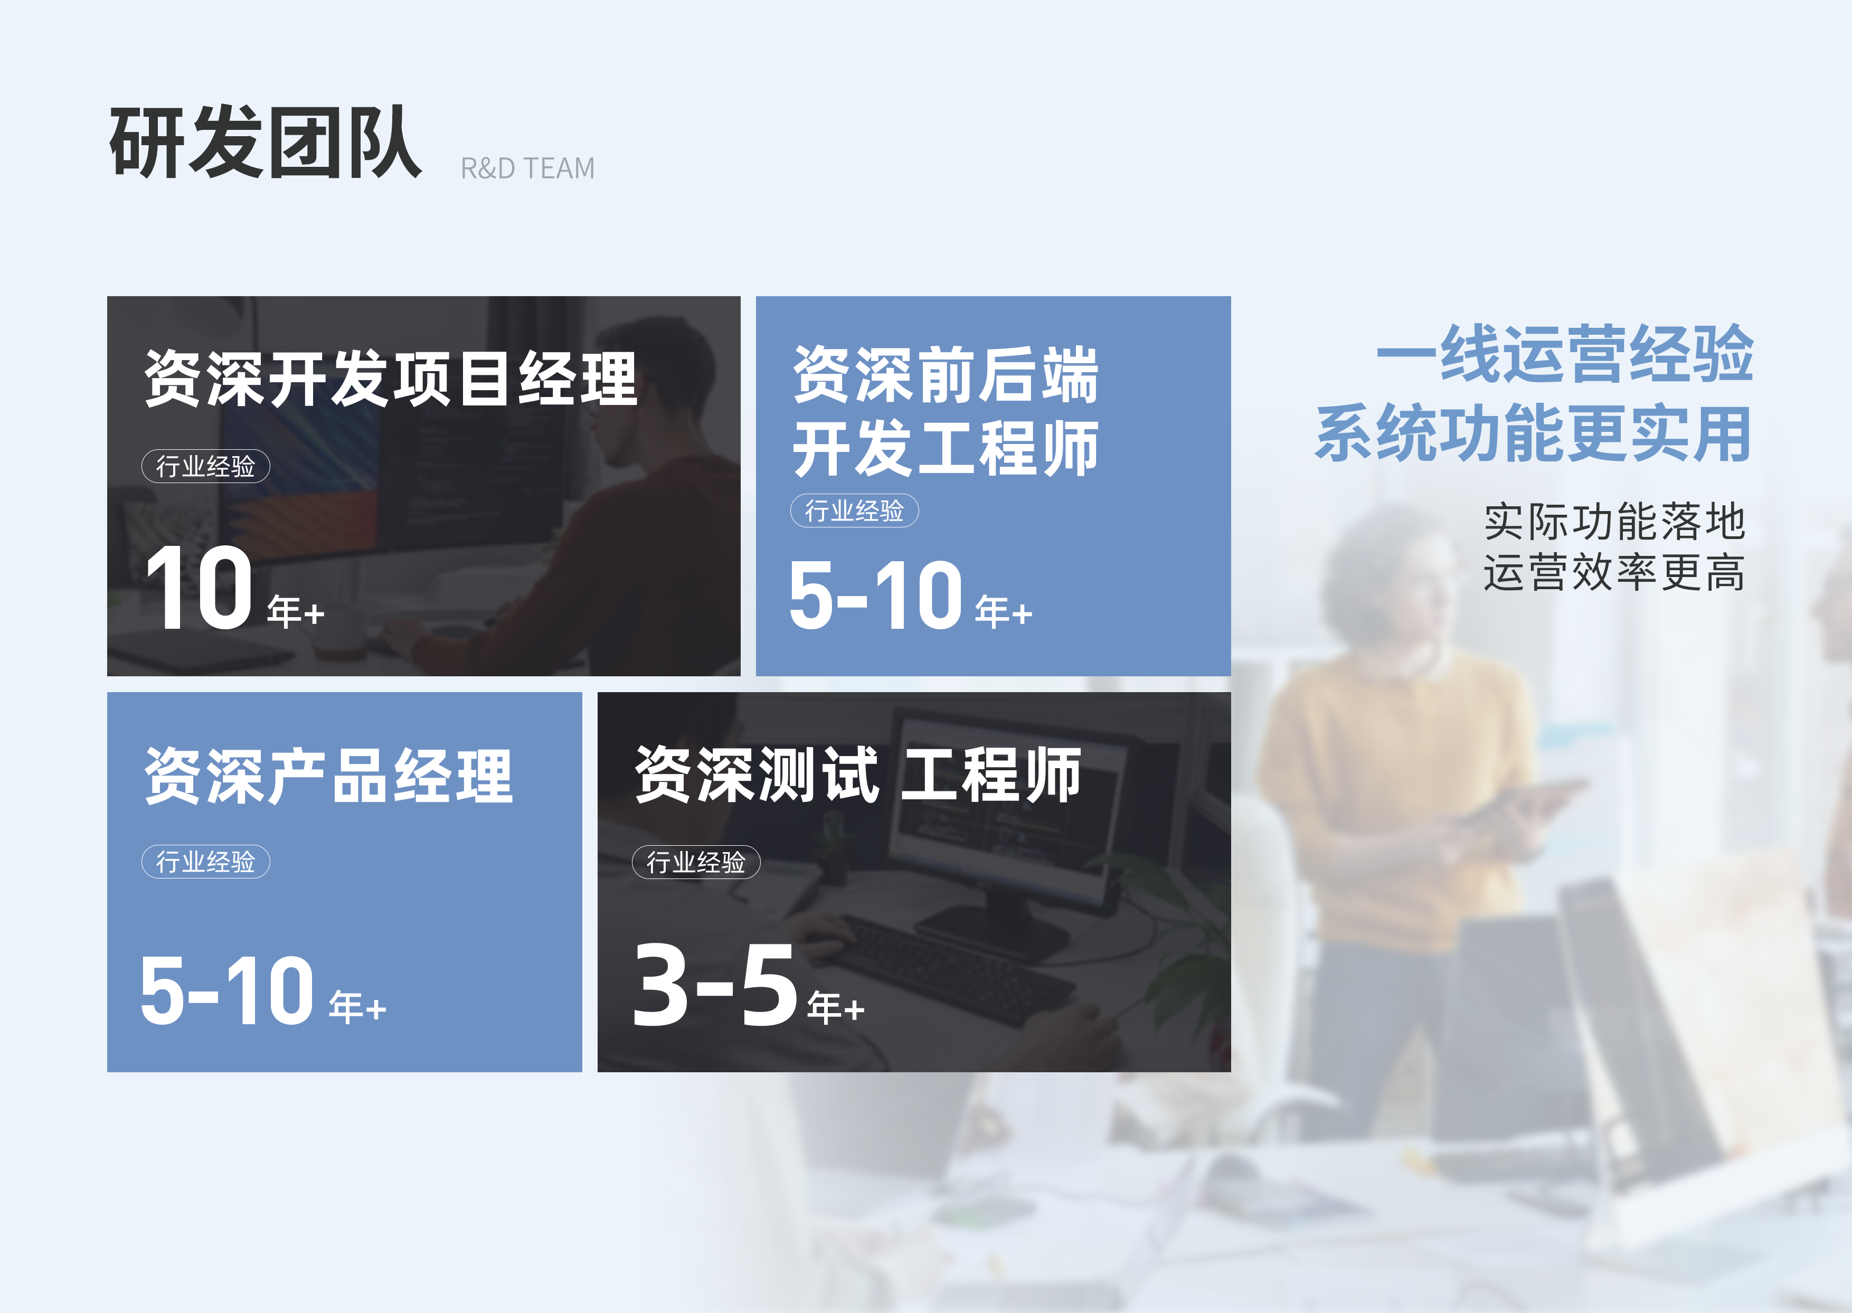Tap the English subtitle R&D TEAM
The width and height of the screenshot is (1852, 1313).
[527, 168]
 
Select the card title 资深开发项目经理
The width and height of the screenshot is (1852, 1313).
[391, 379]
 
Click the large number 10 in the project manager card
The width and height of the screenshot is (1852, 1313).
[200, 587]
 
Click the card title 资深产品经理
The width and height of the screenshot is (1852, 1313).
[329, 776]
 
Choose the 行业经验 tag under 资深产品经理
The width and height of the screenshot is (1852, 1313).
[205, 861]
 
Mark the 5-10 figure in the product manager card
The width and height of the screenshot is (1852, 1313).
[227, 989]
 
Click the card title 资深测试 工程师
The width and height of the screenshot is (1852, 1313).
[858, 774]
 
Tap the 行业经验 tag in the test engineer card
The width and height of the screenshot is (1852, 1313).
[696, 862]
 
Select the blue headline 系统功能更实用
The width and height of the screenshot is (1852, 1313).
[1534, 433]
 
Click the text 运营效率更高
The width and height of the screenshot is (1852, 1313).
[1614, 572]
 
